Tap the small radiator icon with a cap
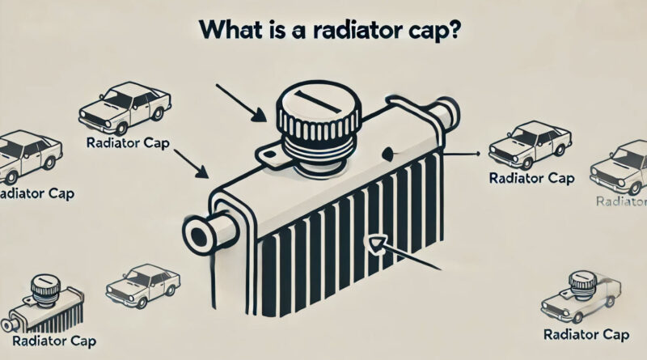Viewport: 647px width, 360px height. pos(36,304)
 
